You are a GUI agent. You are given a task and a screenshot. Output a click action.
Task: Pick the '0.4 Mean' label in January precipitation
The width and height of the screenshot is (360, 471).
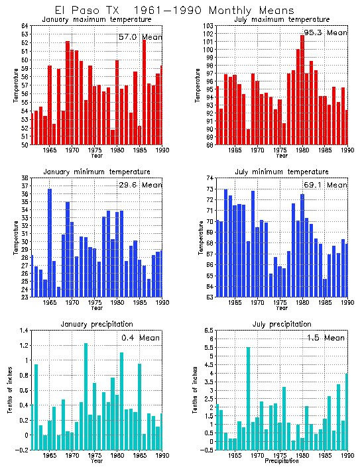[x=141, y=339]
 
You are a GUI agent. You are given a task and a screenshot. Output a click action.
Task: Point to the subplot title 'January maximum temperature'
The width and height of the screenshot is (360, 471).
[x=97, y=19]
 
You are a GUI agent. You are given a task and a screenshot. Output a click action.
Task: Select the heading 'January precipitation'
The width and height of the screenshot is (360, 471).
[x=97, y=324]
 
